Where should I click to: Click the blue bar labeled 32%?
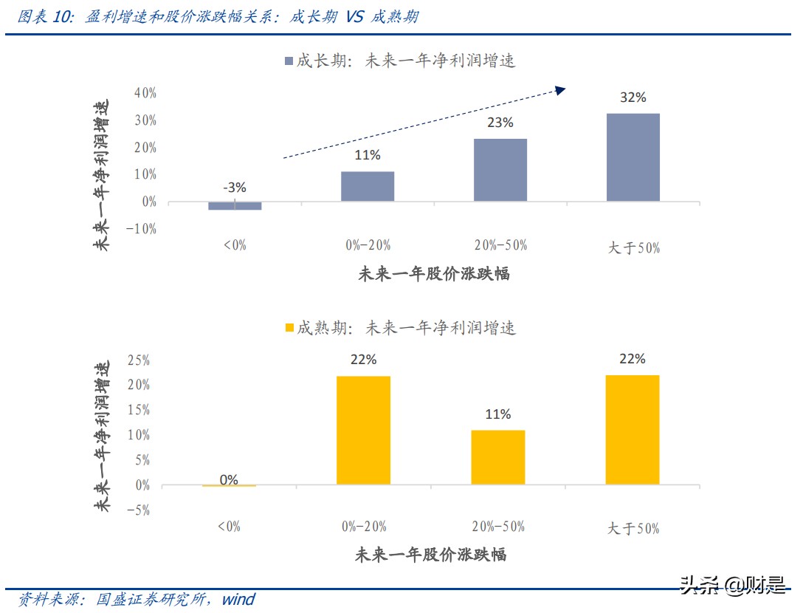point(633,157)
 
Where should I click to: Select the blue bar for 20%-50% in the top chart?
point(500,170)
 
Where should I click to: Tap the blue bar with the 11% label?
point(368,186)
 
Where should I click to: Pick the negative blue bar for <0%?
point(235,206)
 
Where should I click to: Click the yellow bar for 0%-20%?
point(363,431)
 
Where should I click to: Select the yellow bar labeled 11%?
point(497,457)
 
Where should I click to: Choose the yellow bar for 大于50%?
point(633,430)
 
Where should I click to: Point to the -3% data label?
point(234,188)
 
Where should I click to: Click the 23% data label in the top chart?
point(500,123)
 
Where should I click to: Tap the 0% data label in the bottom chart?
point(229,479)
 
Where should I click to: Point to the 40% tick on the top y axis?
point(145,93)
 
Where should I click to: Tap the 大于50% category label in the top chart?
point(633,248)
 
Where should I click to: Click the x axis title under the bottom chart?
point(431,554)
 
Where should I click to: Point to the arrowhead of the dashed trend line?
point(560,90)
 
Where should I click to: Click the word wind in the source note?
point(238,599)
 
